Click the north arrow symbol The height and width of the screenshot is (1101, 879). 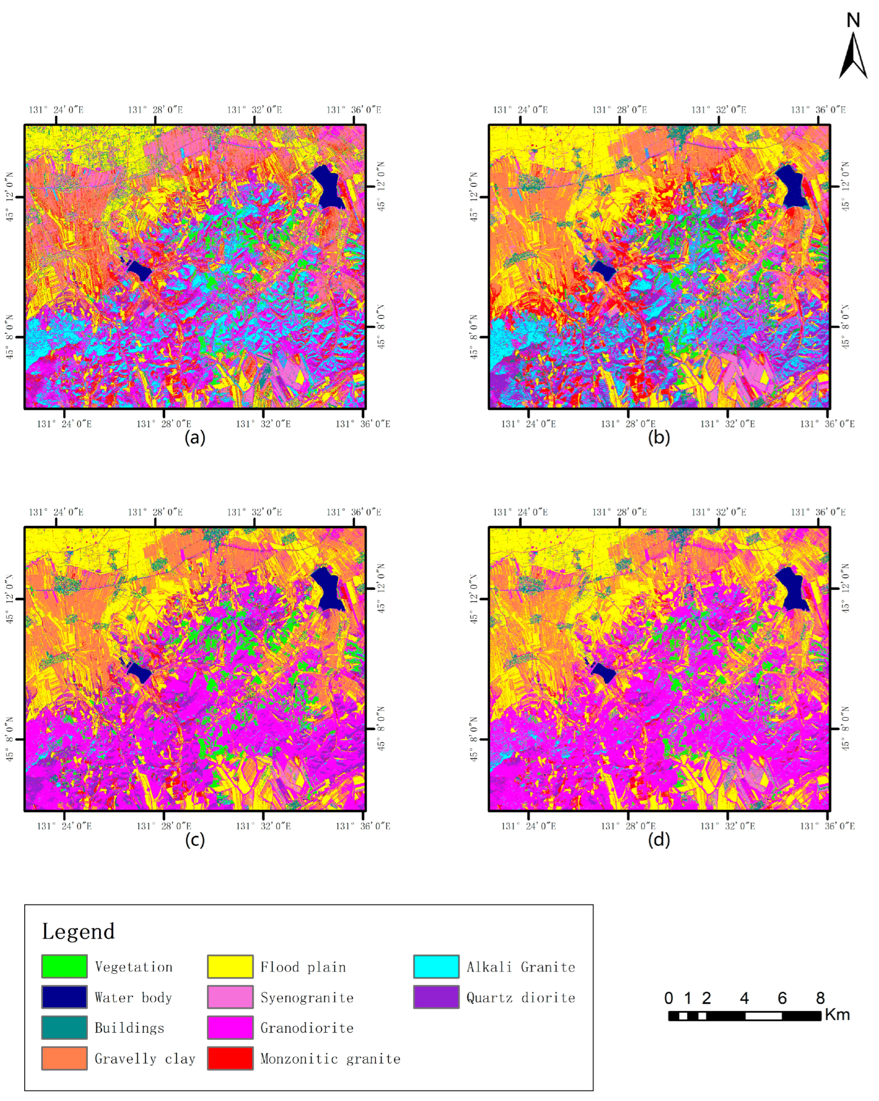[x=852, y=56]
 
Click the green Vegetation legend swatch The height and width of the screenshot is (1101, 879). [x=64, y=966]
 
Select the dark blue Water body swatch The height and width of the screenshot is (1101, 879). [x=64, y=997]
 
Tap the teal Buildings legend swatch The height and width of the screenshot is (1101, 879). [x=64, y=1027]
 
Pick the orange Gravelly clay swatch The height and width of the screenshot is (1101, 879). [x=64, y=1058]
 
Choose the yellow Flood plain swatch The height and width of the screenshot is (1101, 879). [x=230, y=966]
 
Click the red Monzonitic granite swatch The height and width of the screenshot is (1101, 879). [x=230, y=1058]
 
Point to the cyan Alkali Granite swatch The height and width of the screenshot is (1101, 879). [x=436, y=966]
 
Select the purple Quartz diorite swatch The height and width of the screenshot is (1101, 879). [x=436, y=997]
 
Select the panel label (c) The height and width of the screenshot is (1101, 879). [x=195, y=839]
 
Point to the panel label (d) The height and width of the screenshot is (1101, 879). [x=658, y=839]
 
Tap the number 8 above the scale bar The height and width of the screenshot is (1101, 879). [x=820, y=998]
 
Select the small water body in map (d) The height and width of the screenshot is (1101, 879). [x=603, y=673]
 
